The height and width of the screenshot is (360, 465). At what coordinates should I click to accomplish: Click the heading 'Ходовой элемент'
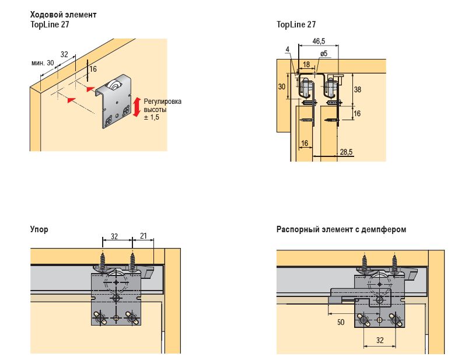coord(64,15)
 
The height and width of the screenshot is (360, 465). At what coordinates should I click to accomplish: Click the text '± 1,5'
coord(151,117)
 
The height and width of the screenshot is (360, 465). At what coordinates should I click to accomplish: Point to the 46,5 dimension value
coord(319,41)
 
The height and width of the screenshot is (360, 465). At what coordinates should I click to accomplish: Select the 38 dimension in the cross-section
coord(358,89)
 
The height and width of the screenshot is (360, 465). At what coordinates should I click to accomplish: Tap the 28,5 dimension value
coord(346,152)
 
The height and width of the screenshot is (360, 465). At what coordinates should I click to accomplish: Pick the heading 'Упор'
coord(39,229)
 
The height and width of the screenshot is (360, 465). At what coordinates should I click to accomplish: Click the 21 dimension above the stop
coord(143,237)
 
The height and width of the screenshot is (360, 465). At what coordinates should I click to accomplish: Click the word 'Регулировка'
coord(162,102)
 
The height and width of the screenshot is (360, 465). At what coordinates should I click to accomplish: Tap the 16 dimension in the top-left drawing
coord(93,69)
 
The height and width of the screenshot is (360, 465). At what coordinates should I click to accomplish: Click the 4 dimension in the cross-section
coord(288,50)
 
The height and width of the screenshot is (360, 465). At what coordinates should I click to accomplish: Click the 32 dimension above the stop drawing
coord(115,237)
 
